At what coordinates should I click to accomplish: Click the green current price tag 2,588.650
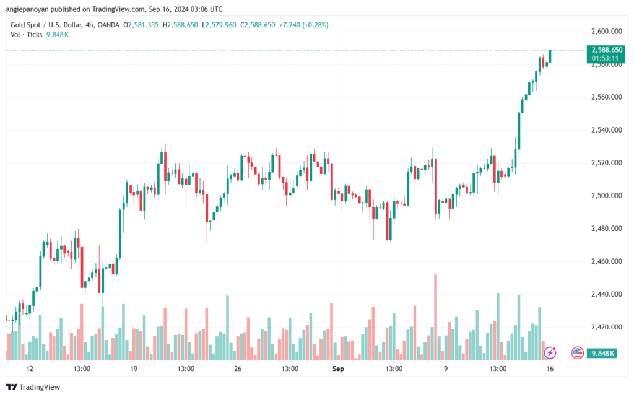(606, 50)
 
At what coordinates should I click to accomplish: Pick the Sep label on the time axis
(337, 369)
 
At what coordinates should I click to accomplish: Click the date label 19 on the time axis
(134, 369)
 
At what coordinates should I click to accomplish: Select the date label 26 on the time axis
(237, 369)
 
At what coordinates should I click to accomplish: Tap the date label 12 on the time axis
(30, 369)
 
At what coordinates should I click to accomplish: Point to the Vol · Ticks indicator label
(27, 35)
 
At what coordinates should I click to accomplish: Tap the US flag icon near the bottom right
(577, 352)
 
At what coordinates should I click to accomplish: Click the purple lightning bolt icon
(550, 352)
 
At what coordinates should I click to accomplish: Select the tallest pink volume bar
(436, 316)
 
